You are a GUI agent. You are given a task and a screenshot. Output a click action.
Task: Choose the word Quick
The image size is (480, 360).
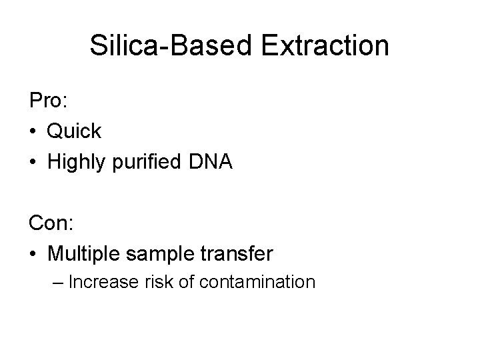click(74, 131)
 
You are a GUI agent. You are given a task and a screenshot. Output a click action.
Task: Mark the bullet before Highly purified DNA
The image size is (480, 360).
click(33, 163)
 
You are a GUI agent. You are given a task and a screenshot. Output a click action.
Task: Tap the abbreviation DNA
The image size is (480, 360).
click(211, 162)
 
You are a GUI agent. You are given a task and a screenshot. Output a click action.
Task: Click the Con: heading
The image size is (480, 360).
click(51, 223)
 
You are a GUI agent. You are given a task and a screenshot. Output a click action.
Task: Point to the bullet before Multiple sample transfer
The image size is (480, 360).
click(33, 255)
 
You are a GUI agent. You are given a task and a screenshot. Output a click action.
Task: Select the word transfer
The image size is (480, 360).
click(241, 254)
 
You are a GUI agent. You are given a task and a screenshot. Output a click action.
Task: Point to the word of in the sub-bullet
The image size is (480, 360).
click(186, 282)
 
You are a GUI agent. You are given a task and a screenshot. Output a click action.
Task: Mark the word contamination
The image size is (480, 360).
click(257, 282)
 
